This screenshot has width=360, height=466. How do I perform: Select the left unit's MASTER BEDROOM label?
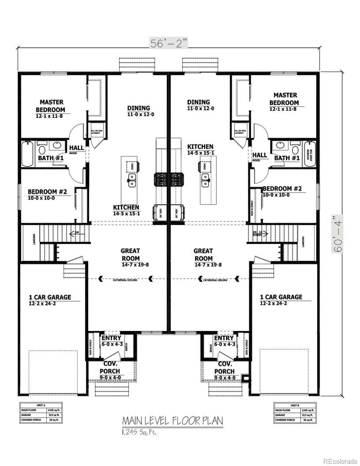pos(51,106)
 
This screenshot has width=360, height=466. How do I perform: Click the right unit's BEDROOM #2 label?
pos(282,189)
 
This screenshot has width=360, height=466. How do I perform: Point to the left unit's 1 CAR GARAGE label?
pos(50,297)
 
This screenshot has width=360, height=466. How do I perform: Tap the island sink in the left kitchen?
pos(132,181)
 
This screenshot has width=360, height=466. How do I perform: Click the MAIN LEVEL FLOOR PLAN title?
pos(172,421)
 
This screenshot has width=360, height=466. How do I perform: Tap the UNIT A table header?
pos(40,405)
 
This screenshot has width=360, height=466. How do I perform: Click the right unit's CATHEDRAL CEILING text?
pos(215,280)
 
